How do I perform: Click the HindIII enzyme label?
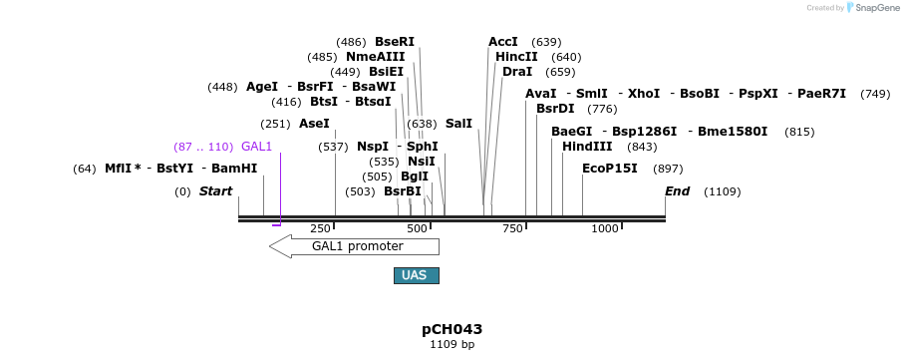pos(587,147)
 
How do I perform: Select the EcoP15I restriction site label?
pos(609,169)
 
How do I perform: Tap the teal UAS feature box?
pos(416,275)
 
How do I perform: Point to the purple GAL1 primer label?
pos(256,147)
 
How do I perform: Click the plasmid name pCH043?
pos(452,329)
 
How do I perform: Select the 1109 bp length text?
pos(452,345)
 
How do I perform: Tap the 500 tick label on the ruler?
pos(417,228)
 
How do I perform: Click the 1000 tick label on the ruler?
pos(605,228)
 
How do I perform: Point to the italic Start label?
pos(215,190)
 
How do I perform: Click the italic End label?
pos(677,190)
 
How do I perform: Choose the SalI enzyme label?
pos(458,124)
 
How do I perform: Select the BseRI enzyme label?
pos(394,42)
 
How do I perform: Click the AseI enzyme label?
pos(314,124)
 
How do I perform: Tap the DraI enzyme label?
pos(517,72)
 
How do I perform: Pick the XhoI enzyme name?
pos(643,94)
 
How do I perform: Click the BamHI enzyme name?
pos(234,169)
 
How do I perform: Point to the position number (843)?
pos(642,147)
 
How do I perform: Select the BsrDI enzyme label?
pos(555,109)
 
